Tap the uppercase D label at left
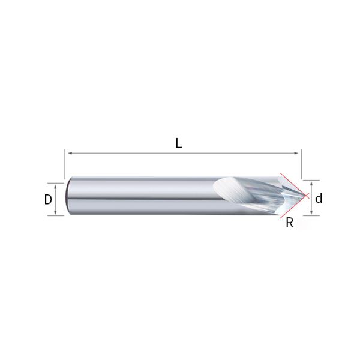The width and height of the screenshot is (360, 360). click(x=48, y=200)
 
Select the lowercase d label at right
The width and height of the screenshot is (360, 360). click(x=319, y=198)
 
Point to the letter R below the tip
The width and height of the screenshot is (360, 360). click(x=289, y=223)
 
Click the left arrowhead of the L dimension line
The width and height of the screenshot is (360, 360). click(x=68, y=154)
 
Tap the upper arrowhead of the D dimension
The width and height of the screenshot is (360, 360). click(x=56, y=185)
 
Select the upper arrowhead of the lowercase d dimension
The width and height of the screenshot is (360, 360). click(x=311, y=182)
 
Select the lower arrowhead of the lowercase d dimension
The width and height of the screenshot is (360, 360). click(x=311, y=213)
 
